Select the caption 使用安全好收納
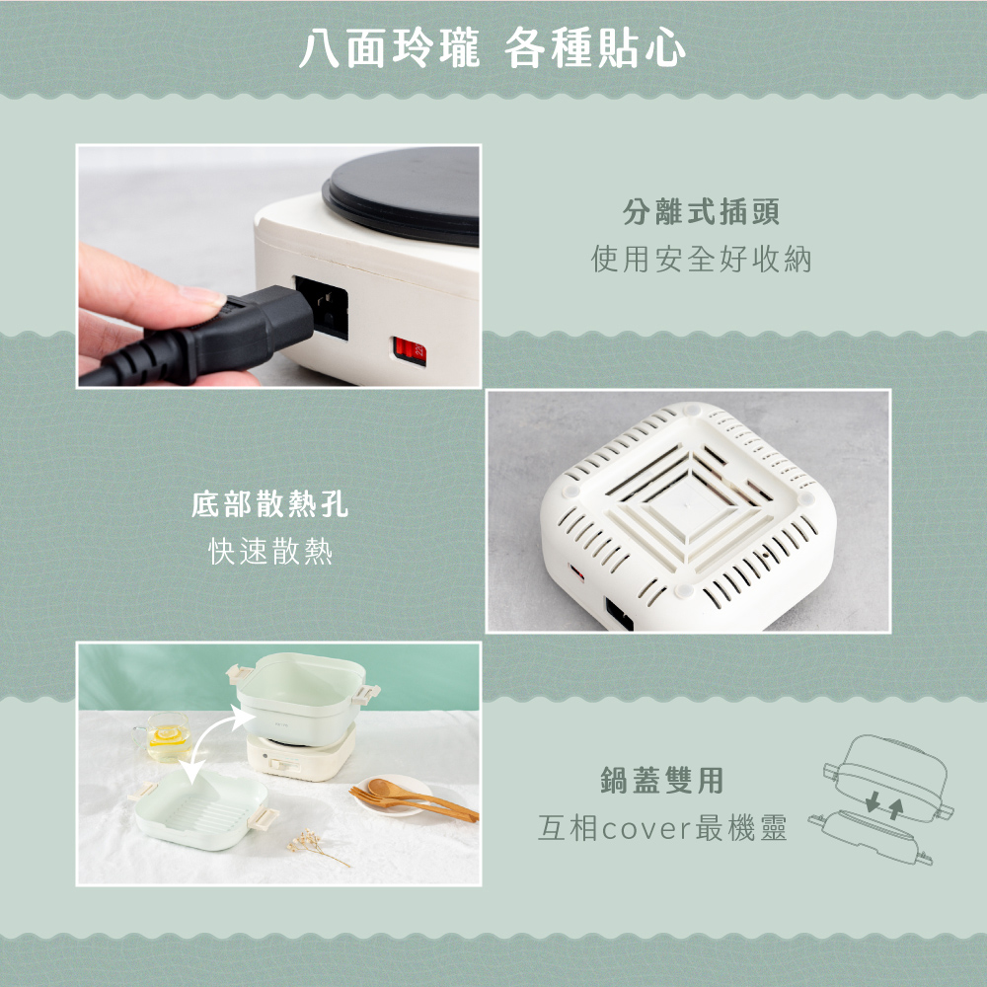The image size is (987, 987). coord(701,260)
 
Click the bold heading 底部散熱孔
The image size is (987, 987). coord(269,507)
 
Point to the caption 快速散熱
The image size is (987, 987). coord(269,552)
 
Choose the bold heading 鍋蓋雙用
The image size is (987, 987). coord(662,781)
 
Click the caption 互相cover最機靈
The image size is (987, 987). coord(662,828)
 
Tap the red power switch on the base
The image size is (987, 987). coord(408,348)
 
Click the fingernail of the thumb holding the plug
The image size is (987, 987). coord(203,297)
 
